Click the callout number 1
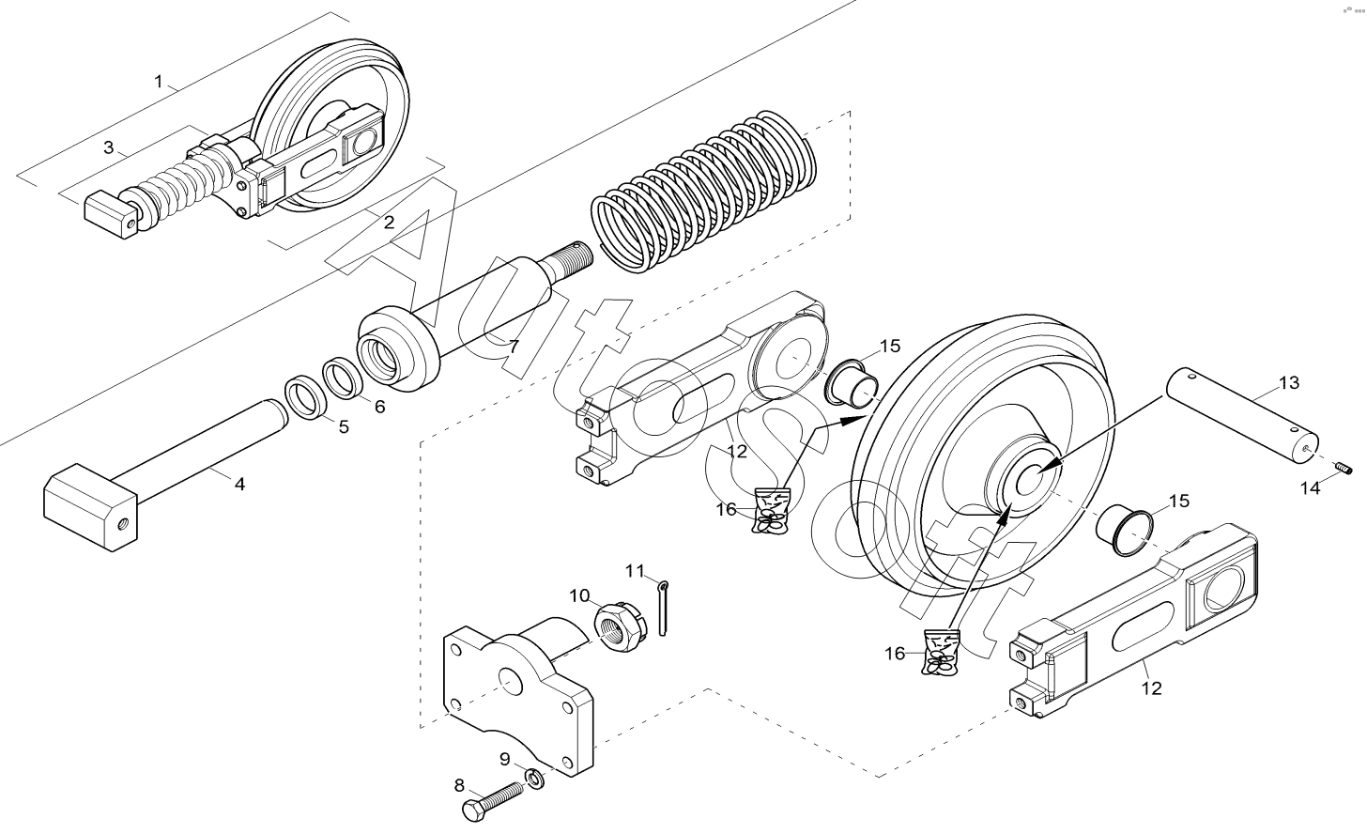(x=159, y=81)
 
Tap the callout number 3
(x=109, y=147)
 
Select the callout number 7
(x=514, y=347)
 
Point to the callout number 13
(x=1289, y=383)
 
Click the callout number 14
(x=1311, y=487)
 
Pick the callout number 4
(x=239, y=485)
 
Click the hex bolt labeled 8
(x=494, y=800)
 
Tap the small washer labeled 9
(x=535, y=779)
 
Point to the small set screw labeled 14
(x=1344, y=469)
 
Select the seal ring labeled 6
(x=344, y=379)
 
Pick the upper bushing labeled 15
(x=852, y=384)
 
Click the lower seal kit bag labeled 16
(x=940, y=652)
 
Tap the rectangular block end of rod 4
(x=90, y=507)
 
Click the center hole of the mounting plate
(x=510, y=681)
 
